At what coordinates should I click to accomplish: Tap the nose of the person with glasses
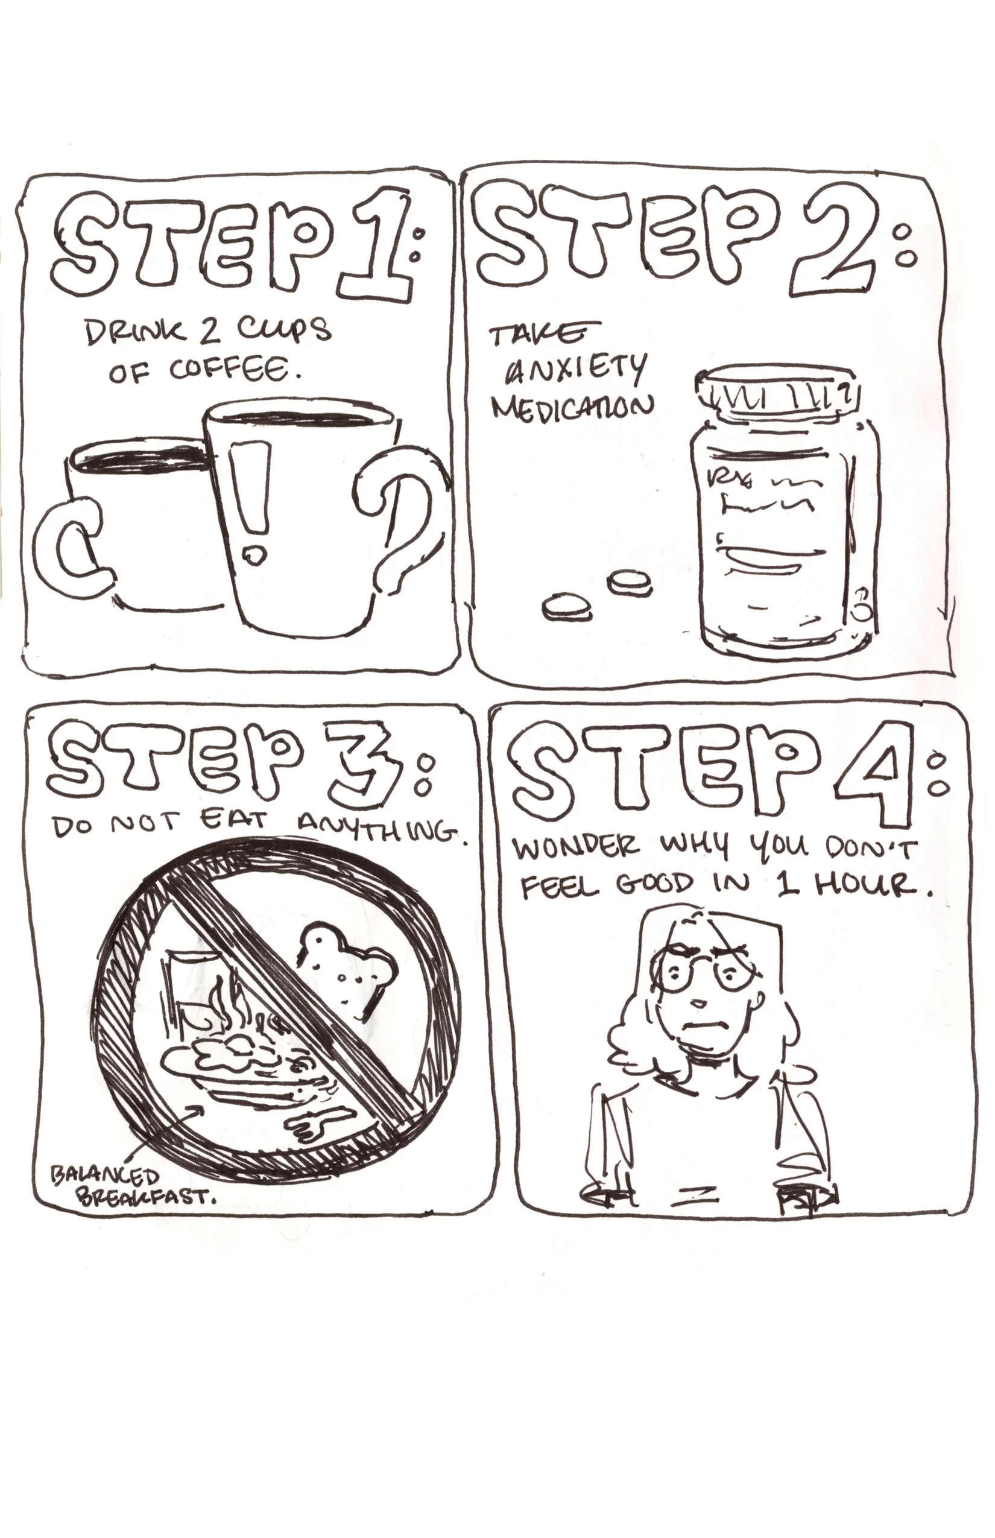coord(699,1002)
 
